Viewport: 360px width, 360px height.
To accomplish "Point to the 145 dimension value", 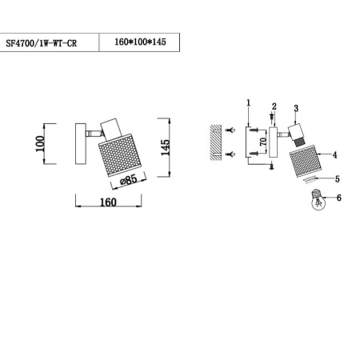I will click(166, 148).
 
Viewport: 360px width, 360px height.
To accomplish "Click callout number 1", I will click(249, 102).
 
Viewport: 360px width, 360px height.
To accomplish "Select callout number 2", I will click(274, 106).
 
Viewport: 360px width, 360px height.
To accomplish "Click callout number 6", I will click(338, 198).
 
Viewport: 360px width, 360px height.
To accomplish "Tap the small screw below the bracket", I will click(272, 166).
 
